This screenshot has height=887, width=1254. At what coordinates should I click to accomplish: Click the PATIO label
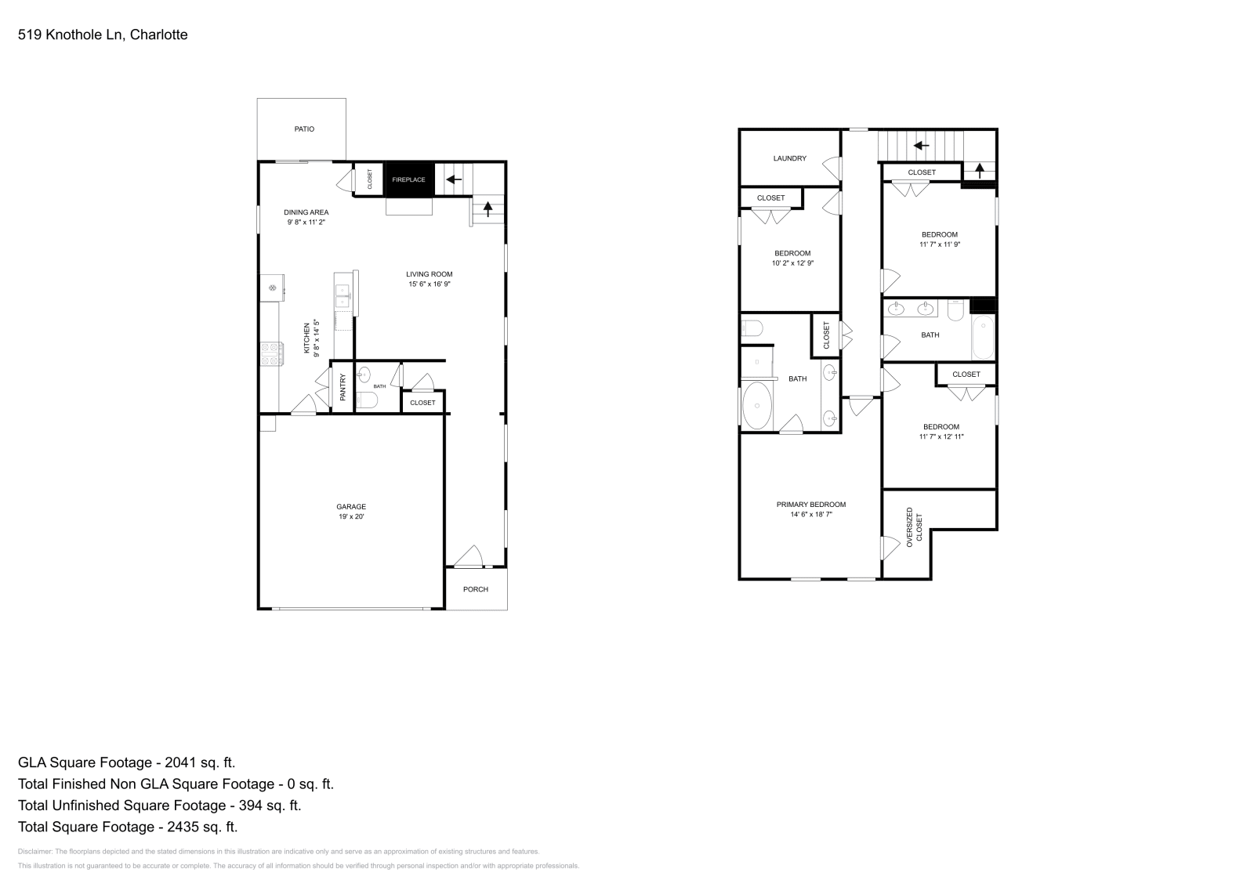pyautogui.click(x=304, y=129)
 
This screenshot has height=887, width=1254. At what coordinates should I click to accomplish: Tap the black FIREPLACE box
pyautogui.click(x=408, y=179)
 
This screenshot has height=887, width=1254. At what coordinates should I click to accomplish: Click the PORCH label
pyautogui.click(x=476, y=589)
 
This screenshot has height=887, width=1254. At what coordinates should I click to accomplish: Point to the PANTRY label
pyautogui.click(x=342, y=387)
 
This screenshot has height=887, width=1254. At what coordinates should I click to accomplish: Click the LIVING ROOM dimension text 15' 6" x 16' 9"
pyautogui.click(x=429, y=284)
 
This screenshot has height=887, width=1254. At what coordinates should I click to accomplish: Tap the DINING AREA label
pyautogui.click(x=306, y=212)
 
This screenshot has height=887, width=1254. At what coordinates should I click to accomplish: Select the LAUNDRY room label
pyautogui.click(x=789, y=158)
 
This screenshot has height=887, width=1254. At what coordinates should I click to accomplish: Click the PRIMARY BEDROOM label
pyautogui.click(x=810, y=505)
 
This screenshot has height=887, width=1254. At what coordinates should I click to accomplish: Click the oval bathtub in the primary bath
pyautogui.click(x=758, y=406)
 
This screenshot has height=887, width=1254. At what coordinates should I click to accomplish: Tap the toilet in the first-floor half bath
pyautogui.click(x=367, y=400)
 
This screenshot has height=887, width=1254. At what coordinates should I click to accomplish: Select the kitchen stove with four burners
pyautogui.click(x=271, y=354)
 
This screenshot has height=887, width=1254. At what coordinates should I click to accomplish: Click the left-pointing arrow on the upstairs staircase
pyautogui.click(x=922, y=145)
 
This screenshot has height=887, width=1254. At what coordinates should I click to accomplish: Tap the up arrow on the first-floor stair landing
pyautogui.click(x=488, y=209)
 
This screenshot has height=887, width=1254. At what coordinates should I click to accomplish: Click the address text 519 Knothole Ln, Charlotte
pyautogui.click(x=103, y=34)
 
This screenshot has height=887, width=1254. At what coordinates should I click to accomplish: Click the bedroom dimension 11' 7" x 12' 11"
pyautogui.click(x=940, y=436)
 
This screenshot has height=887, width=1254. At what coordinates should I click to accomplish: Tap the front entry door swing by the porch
pyautogui.click(x=469, y=557)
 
